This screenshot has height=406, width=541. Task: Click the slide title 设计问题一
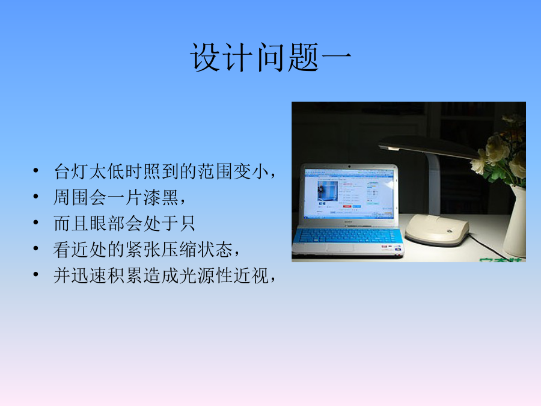271,57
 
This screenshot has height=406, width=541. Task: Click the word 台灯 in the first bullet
72,171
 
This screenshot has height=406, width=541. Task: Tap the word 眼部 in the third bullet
108,223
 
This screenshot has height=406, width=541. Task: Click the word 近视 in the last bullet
251,275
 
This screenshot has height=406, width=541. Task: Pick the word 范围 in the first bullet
215,171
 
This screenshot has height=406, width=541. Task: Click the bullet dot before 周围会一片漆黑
36,197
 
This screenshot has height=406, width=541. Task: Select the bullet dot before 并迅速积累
36,275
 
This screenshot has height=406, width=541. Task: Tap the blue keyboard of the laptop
348,235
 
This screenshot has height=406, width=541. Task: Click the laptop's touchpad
339,248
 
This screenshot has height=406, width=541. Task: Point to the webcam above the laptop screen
349,167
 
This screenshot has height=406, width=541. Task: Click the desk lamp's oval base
437,229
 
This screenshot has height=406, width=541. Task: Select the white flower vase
515,221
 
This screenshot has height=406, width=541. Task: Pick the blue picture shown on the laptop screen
328,191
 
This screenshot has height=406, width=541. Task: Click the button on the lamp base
450,232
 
